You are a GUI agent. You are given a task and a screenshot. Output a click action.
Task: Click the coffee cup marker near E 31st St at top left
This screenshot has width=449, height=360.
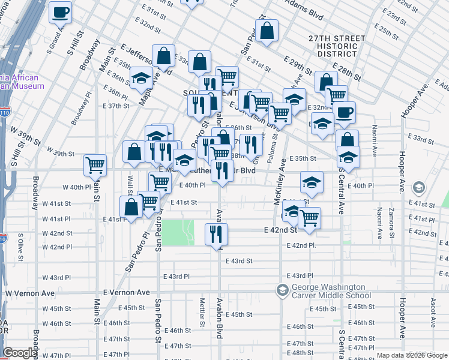point(60,12)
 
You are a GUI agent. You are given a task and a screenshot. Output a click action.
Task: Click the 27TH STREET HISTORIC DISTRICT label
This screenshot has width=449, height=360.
point(337,46)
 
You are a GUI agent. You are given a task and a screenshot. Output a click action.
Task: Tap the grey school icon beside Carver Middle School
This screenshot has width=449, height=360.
point(282,291)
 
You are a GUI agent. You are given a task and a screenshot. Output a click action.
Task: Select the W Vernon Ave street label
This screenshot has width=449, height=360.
point(30,293)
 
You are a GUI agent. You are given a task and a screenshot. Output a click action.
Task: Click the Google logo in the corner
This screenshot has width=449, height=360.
point(19,353)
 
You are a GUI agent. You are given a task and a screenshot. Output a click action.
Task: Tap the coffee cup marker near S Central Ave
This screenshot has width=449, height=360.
point(344,112)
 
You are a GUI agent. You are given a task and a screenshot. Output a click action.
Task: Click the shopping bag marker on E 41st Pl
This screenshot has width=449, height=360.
point(131,208)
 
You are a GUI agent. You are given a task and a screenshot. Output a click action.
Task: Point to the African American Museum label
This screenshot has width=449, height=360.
point(22,82)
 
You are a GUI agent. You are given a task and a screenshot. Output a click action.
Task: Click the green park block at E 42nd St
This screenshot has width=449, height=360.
point(179,232)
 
